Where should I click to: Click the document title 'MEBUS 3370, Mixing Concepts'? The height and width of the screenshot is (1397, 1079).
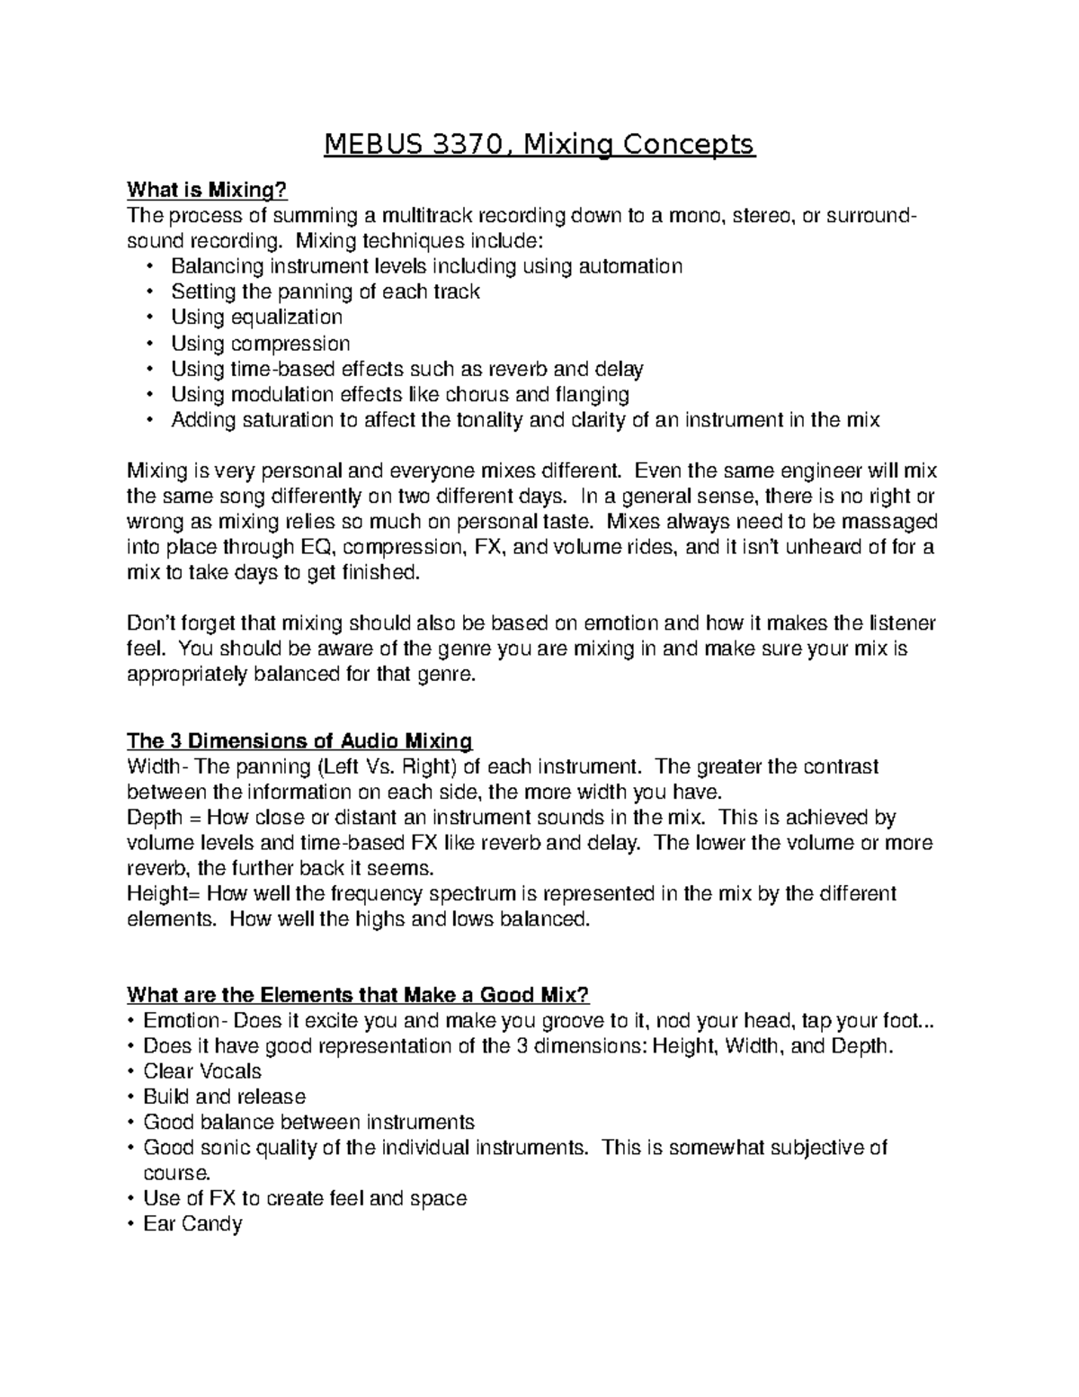pyautogui.click(x=539, y=144)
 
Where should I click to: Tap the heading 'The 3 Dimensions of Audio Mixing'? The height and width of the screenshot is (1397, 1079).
pyautogui.click(x=299, y=741)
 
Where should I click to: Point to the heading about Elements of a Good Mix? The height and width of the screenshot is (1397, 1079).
pyautogui.click(x=358, y=995)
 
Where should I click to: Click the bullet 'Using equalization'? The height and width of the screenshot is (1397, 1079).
pyautogui.click(x=256, y=318)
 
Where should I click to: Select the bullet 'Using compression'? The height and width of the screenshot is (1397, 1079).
pyautogui.click(x=260, y=344)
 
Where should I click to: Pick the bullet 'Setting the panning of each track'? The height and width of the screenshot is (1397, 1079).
pyautogui.click(x=325, y=291)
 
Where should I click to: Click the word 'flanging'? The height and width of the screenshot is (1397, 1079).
pyautogui.click(x=592, y=394)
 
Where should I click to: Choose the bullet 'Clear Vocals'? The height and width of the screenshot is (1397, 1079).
pyautogui.click(x=202, y=1071)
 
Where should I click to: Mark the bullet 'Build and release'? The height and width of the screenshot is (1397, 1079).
pyautogui.click(x=224, y=1097)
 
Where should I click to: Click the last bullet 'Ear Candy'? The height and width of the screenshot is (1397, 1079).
pyautogui.click(x=192, y=1223)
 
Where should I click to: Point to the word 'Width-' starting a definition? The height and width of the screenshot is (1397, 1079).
pyautogui.click(x=158, y=767)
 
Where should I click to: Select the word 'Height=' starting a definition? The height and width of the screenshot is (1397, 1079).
pyautogui.click(x=165, y=894)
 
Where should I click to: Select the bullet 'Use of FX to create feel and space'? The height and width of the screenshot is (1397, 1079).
pyautogui.click(x=305, y=1198)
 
